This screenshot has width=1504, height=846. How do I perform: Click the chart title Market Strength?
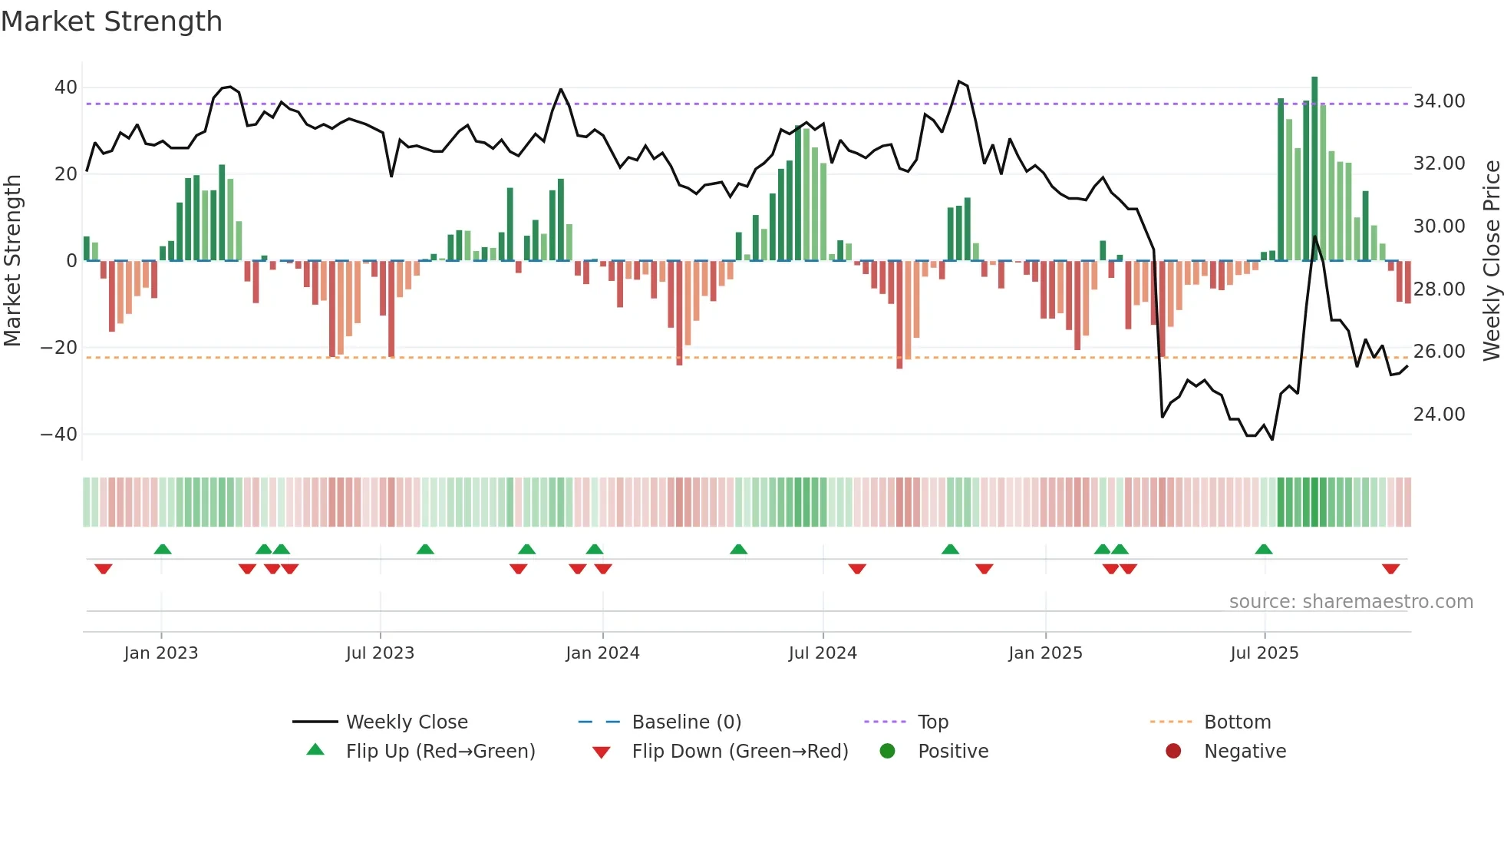click(x=111, y=21)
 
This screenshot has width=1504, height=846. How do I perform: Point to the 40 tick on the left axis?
click(x=66, y=88)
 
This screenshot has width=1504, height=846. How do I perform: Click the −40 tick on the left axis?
click(x=59, y=435)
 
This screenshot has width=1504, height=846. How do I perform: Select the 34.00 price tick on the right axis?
click(x=1439, y=101)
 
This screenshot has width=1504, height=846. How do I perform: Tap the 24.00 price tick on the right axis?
click(x=1439, y=415)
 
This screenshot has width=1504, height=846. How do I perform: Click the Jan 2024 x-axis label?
click(x=602, y=653)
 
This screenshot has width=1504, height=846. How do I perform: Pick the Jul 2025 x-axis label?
click(x=1264, y=653)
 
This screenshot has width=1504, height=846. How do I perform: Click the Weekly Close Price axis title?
click(x=1491, y=261)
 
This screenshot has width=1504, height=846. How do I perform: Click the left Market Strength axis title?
click(x=12, y=261)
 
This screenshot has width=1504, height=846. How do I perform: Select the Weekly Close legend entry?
click(x=406, y=722)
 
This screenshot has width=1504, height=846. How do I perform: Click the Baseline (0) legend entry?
click(x=686, y=722)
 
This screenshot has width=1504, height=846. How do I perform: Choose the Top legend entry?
click(x=932, y=722)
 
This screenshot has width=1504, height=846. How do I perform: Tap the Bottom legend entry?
click(x=1237, y=722)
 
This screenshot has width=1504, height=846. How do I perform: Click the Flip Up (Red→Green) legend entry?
click(x=440, y=752)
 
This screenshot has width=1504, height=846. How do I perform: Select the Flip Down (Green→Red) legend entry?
click(x=740, y=752)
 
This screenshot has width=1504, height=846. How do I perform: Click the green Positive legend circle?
click(x=888, y=752)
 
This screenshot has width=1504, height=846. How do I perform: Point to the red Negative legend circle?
click(x=1173, y=752)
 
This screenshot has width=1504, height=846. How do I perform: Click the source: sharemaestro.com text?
click(x=1351, y=602)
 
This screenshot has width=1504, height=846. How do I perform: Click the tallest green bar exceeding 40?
click(x=1314, y=169)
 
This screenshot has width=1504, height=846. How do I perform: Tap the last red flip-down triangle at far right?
click(x=1390, y=569)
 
